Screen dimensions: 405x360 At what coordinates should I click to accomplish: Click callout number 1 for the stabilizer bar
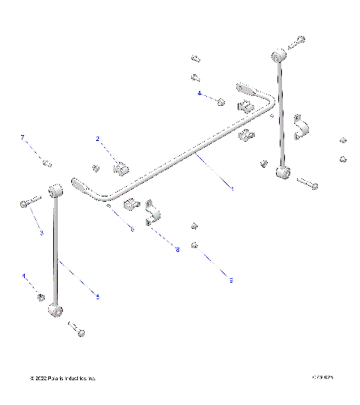click(232, 189)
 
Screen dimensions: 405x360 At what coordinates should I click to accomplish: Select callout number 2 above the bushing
click(98, 139)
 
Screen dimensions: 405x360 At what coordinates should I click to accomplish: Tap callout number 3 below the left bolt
click(42, 233)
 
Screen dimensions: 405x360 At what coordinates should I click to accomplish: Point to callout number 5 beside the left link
click(97, 297)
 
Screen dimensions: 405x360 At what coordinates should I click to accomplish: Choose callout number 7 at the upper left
click(22, 137)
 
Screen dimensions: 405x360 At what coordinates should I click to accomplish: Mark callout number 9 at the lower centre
click(231, 280)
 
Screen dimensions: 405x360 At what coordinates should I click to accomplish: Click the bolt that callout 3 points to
click(28, 202)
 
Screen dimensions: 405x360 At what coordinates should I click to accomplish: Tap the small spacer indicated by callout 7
click(46, 163)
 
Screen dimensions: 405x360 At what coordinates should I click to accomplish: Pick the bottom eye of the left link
click(55, 310)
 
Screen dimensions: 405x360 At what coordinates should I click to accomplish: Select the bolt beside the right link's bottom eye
click(307, 181)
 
